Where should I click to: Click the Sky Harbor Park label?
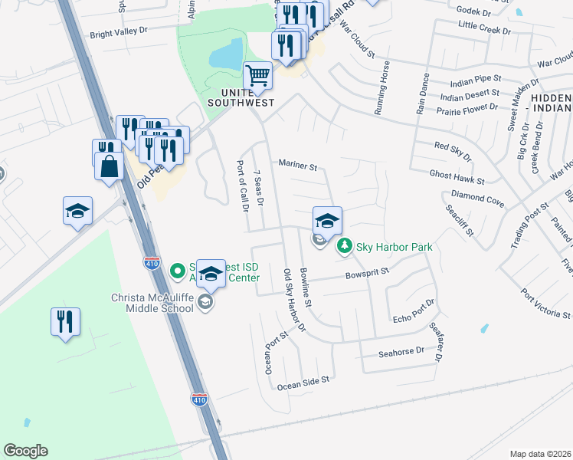click(x=395, y=247)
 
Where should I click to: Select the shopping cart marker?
click(x=258, y=76)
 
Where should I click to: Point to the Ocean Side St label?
click(x=303, y=381)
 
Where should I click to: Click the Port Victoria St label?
click(x=545, y=303)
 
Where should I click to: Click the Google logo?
click(x=25, y=450)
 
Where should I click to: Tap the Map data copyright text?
click(x=541, y=454)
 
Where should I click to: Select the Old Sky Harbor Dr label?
click(x=294, y=301)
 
